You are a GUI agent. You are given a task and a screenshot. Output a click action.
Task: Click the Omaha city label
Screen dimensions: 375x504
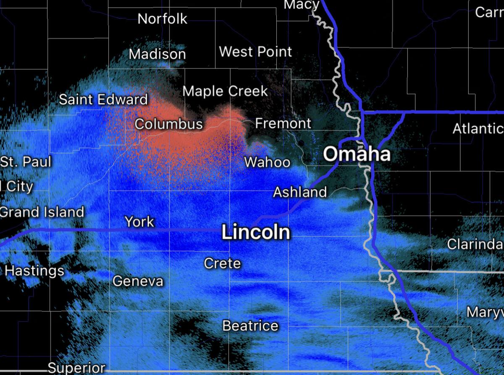coord(357,154)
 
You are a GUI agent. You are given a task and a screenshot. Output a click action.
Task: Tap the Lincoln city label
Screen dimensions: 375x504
coord(256,232)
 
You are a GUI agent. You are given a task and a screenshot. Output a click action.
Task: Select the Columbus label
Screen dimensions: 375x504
coord(168,124)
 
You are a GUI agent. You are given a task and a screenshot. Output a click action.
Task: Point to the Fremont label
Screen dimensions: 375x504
coord(283,123)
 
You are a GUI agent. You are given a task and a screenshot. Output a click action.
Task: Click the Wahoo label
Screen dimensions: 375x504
coord(267,162)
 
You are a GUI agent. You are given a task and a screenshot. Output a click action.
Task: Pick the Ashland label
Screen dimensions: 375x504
coord(300,192)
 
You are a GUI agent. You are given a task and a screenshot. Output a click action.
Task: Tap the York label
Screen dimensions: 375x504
coord(140,222)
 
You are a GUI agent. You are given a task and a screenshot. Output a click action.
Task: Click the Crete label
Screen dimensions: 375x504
coord(222,263)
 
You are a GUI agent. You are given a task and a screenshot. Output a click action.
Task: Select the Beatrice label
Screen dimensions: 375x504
coord(250,325)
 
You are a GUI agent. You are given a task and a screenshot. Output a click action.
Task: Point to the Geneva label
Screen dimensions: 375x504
coord(138,281)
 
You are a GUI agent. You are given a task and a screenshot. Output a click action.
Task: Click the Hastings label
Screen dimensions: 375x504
coord(34,271)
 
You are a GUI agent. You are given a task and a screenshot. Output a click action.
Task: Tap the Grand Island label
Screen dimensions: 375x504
coord(42,212)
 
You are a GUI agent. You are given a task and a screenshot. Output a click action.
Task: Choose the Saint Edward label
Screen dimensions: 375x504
coord(103,100)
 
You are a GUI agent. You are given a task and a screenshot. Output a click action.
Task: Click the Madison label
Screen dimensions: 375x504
coord(157,54)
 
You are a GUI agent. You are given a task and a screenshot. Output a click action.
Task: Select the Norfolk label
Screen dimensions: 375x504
coord(163,19)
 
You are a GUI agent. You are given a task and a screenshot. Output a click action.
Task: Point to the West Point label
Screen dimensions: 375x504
coord(255,52)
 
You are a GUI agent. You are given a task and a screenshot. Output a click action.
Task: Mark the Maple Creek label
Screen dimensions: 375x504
coord(225,91)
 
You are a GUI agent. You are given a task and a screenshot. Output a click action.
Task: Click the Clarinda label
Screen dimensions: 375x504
coord(475,244)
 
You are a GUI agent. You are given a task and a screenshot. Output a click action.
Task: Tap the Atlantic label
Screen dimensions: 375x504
coord(478,128)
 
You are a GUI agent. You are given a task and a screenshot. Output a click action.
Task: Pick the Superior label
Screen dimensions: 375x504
coord(76,368)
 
